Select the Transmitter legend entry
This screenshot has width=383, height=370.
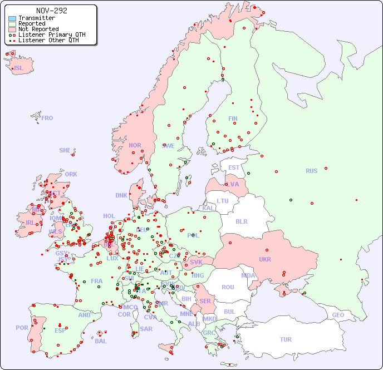36,18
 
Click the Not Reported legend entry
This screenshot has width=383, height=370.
38,29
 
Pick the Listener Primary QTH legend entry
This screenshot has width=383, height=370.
52,35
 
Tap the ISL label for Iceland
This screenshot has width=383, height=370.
19,68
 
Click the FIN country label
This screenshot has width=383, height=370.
233,119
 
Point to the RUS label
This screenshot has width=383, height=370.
311,171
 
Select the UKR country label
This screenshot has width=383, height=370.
264,259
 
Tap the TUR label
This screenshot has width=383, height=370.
286,339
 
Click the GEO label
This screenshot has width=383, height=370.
338,315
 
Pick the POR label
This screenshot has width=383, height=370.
22,328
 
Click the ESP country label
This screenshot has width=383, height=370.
60,330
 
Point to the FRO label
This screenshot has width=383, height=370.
47,118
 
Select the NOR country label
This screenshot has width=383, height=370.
135,145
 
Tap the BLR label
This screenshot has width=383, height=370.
241,221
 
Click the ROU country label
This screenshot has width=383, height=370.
228,287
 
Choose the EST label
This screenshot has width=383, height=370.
234,167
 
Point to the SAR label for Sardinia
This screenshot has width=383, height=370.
146,329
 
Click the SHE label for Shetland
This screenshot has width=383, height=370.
65,150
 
